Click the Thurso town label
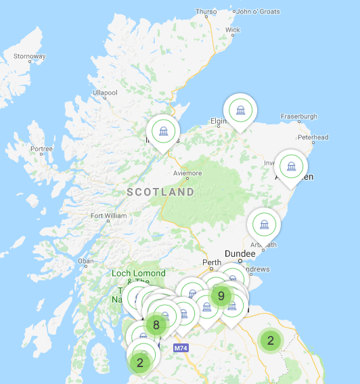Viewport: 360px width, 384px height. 206,11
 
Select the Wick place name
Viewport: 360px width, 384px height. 233,30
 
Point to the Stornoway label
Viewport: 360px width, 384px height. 29,56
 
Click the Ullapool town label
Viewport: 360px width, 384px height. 105,92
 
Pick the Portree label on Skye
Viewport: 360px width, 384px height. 41,149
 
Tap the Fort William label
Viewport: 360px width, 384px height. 108,216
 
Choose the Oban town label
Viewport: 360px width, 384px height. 86,261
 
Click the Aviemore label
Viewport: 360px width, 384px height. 187,174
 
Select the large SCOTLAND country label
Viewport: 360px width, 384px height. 160,192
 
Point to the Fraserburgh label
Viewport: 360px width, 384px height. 299,116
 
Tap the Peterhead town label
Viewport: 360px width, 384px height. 313,137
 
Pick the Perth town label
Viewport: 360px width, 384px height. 212,262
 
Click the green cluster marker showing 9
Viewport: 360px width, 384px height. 221,295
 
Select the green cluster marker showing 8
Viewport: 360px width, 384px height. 156,325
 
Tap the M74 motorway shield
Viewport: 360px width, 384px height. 180,348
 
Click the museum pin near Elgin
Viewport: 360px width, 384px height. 240,110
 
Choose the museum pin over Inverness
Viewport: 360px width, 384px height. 163,130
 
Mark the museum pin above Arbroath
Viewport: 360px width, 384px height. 263,224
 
